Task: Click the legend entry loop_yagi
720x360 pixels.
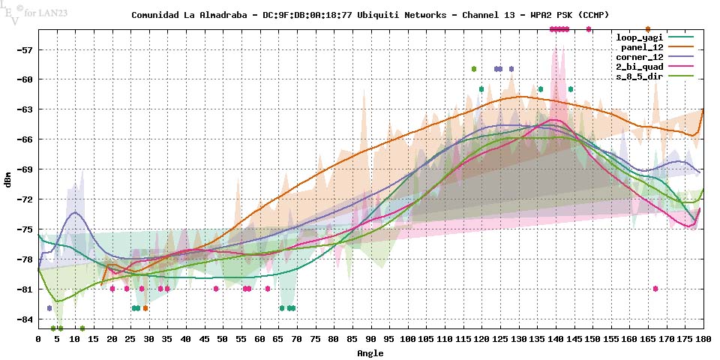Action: click(x=639, y=37)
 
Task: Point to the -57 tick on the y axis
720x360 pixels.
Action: click(x=22, y=49)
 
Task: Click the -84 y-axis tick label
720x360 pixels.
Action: click(x=22, y=319)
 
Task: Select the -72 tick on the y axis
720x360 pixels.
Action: click(x=22, y=199)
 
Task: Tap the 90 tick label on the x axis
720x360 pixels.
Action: click(x=370, y=339)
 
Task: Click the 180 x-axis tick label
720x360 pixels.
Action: click(x=703, y=339)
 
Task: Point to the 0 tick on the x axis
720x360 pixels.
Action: click(x=38, y=339)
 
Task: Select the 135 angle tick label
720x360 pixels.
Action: click(x=537, y=339)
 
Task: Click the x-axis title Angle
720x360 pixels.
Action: click(x=370, y=352)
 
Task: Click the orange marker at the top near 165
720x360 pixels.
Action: click(x=647, y=29)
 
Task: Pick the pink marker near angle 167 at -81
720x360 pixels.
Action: click(x=655, y=289)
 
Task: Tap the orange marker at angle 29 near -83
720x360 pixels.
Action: click(x=145, y=308)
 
